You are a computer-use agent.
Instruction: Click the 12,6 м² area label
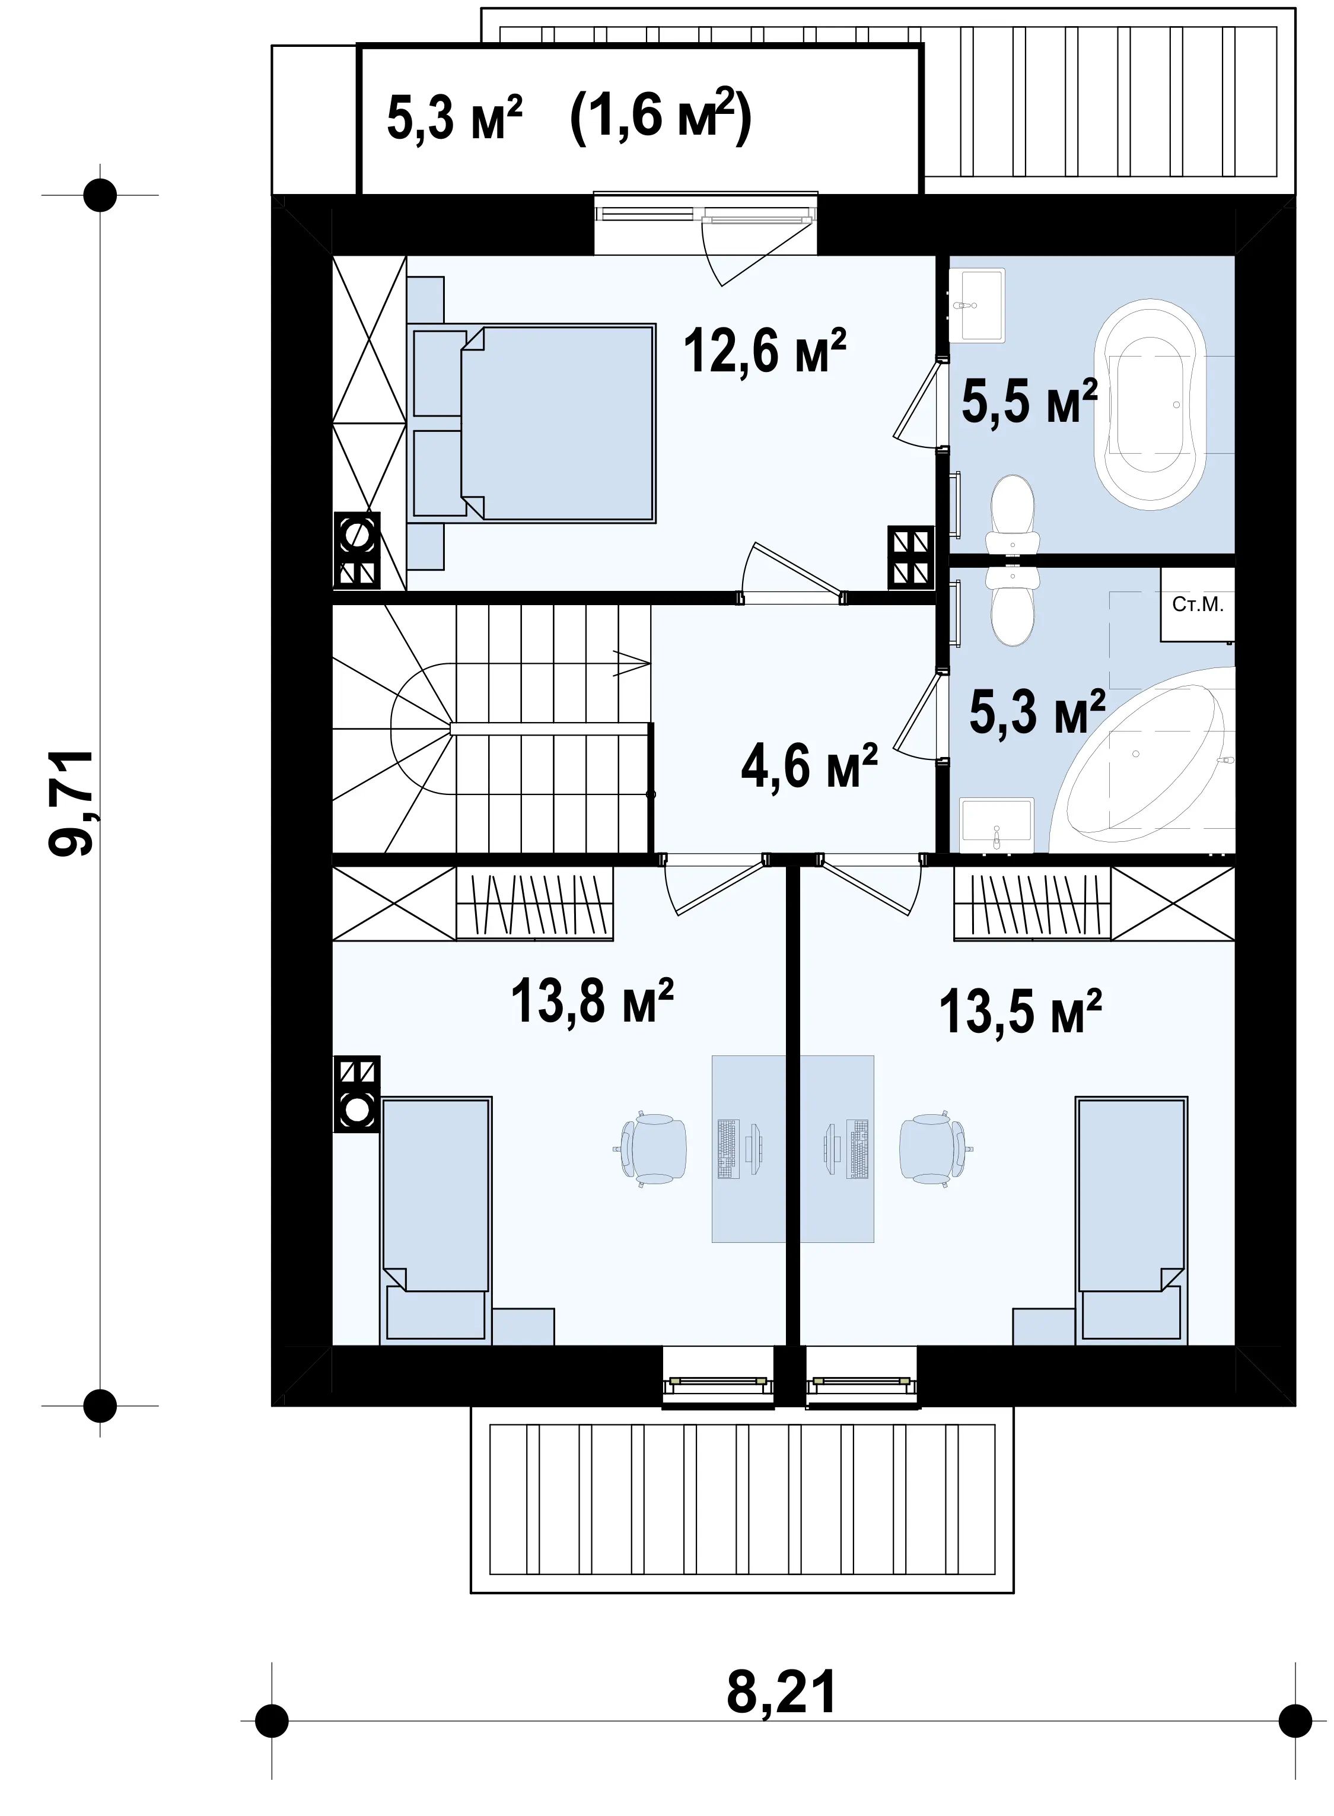click(765, 351)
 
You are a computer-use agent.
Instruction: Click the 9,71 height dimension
click(71, 803)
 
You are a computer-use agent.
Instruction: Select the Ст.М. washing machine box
click(1198, 605)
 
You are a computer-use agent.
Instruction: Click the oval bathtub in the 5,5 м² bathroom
click(1150, 405)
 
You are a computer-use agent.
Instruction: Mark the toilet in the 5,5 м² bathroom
click(1012, 514)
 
